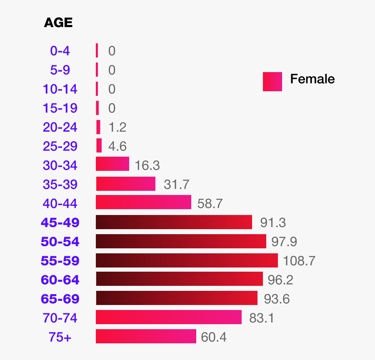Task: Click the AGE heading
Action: [58, 22]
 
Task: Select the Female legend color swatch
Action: [272, 81]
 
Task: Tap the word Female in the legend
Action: [312, 79]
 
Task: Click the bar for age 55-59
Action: [187, 260]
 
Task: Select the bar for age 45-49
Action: [174, 222]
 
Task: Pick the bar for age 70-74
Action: [169, 317]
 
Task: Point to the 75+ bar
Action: [146, 336]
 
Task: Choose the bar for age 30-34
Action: [112, 164]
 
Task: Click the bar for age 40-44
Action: [143, 202]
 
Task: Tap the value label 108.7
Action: [299, 261]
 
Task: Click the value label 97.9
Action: [284, 242]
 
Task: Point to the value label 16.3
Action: [147, 165]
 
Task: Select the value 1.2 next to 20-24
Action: [117, 127]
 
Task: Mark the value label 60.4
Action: [214, 337]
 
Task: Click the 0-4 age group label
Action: [60, 51]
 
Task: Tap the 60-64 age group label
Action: [60, 280]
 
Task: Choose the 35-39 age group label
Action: [60, 184]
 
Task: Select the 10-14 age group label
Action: [60, 89]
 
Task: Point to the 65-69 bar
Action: [177, 298]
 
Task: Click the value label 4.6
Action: [117, 146]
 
